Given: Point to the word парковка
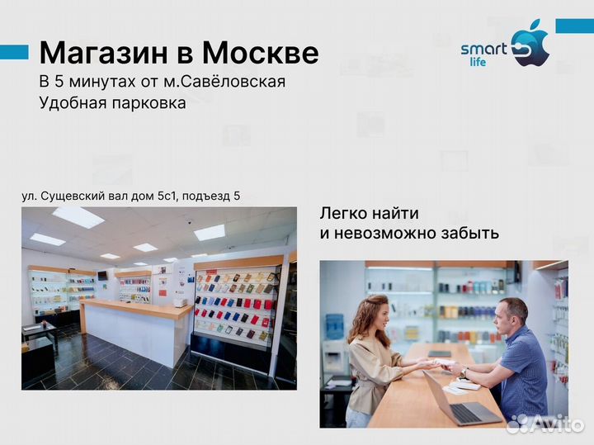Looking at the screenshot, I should point(148,103).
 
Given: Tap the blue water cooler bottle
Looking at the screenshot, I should point(335,325).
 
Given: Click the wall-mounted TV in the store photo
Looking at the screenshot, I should point(102,274).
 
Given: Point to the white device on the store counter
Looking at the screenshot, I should point(181,302).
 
